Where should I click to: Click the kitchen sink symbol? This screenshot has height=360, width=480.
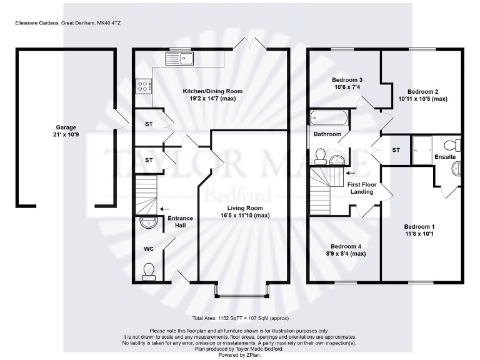(x=180, y=59)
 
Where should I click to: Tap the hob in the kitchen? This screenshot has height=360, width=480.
(x=143, y=86)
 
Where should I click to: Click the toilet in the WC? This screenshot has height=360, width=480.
(x=149, y=270)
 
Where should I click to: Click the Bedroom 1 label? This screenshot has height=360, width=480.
(x=419, y=226)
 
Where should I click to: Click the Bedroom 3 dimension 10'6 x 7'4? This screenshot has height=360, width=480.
(x=346, y=87)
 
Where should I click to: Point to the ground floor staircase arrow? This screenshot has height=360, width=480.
(x=164, y=209)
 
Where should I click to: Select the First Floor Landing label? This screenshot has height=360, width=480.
(x=362, y=188)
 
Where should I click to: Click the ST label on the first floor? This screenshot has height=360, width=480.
(x=396, y=150)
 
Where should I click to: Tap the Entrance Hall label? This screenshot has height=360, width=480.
(x=180, y=222)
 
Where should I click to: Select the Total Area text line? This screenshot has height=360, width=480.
(x=239, y=317)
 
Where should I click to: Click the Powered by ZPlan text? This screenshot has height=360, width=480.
(x=239, y=355)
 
